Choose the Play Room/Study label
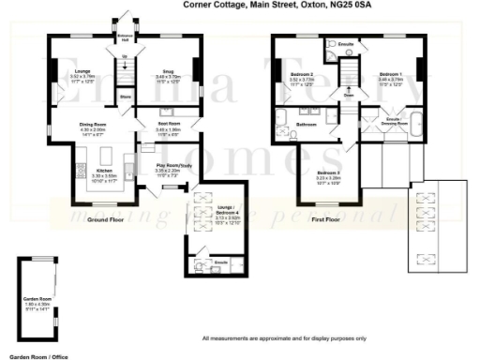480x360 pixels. (x=172, y=168)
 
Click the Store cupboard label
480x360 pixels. (x=127, y=96)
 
